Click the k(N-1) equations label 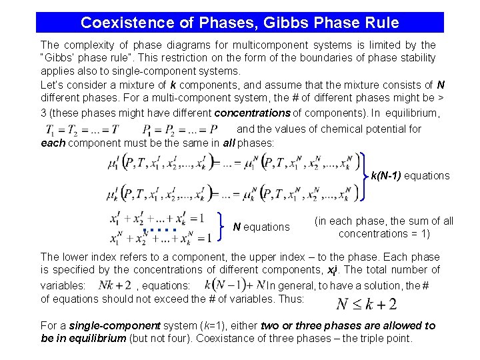(410, 176)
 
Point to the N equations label (261, 227)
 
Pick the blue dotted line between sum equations (159, 230)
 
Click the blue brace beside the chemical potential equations (365, 176)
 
